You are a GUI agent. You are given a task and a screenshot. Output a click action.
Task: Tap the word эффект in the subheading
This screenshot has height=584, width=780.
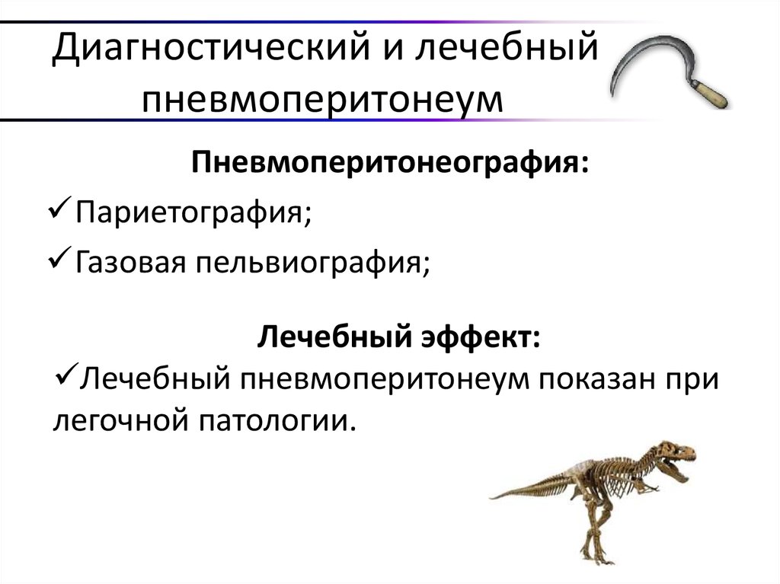480,336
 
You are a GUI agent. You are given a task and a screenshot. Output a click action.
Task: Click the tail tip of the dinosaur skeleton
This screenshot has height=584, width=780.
494,496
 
